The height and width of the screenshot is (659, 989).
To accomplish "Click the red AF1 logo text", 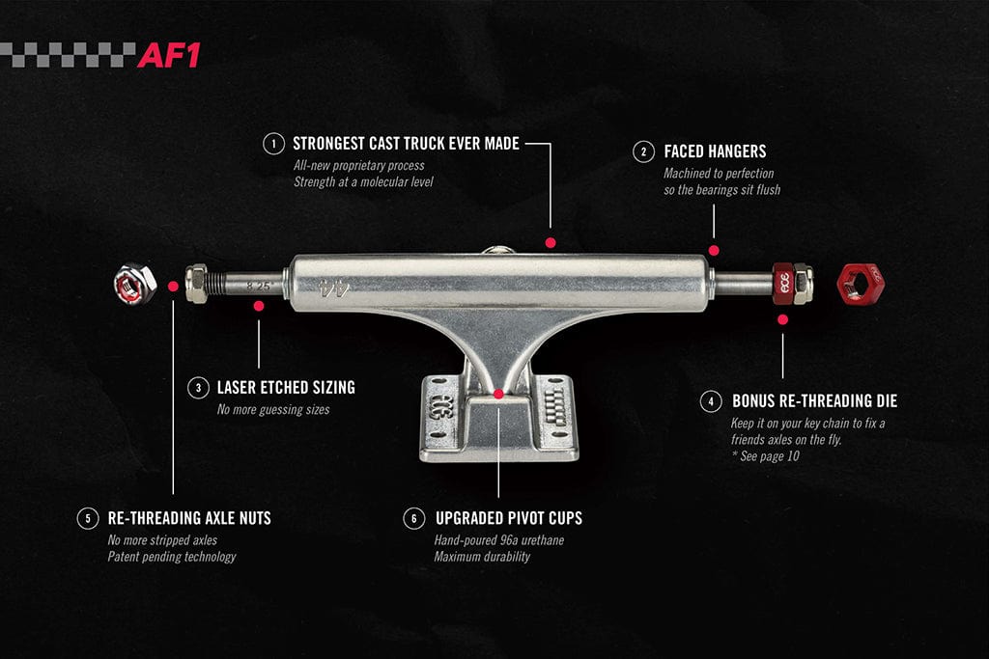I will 168,55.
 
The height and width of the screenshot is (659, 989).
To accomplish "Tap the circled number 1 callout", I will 274,144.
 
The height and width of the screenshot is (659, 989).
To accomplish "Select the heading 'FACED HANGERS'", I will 715,151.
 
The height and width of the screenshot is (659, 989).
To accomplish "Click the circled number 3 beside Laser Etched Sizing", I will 198,388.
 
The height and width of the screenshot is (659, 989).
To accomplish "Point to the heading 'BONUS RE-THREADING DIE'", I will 814,400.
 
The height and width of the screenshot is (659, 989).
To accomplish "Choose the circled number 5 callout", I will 88,518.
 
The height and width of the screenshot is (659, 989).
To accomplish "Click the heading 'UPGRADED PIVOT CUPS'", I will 508,518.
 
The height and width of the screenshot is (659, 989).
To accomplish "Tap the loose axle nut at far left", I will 134,283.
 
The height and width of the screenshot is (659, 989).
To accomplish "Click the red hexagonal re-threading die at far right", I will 862,283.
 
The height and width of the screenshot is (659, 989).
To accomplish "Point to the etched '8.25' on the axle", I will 259,285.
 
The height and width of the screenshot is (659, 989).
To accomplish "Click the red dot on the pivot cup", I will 498,394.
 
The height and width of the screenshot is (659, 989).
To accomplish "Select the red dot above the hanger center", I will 550,243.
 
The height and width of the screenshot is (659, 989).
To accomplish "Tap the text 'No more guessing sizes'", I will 273,409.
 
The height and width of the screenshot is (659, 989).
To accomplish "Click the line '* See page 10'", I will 765,455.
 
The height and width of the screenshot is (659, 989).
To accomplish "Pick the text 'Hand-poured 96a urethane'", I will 498,540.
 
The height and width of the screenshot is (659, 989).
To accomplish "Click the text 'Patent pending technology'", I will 171,556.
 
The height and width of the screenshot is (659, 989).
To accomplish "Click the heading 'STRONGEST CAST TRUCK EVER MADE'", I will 406,144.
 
